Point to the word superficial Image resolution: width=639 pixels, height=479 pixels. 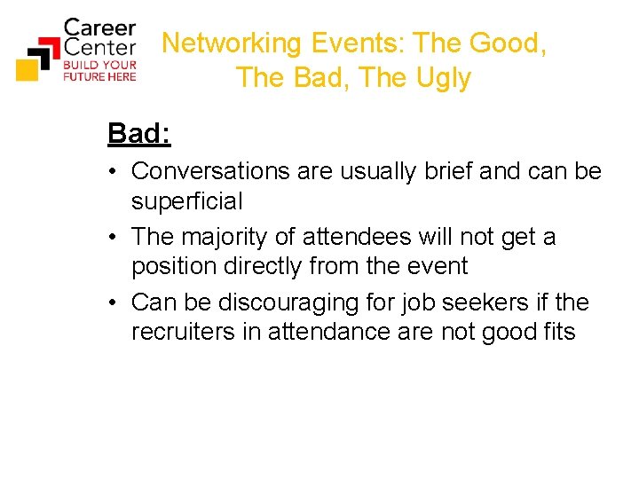coord(186,201)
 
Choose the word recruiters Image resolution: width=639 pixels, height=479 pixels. coord(181,332)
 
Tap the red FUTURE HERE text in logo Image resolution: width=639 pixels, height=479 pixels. coord(99,76)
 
